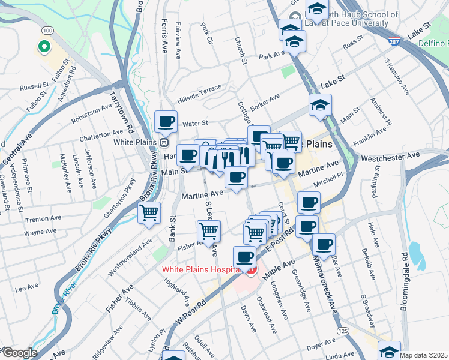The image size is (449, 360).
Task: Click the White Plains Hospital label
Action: click(x=200, y=269)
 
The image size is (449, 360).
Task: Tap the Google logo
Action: click(x=19, y=353)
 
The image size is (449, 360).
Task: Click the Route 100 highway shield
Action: click(x=47, y=30)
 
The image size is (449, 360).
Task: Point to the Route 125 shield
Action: click(x=343, y=331)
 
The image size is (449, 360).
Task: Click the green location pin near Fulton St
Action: click(x=43, y=46)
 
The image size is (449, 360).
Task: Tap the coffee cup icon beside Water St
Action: click(x=166, y=121)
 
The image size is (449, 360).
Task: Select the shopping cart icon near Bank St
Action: click(x=149, y=212)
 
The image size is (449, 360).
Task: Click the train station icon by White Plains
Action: click(x=163, y=143)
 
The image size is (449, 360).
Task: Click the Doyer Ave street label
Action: click(x=321, y=347)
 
